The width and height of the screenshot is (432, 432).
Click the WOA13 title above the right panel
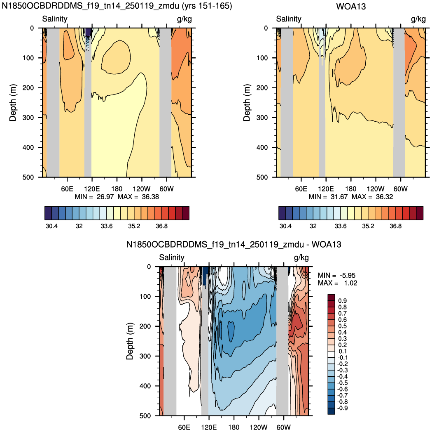coord(351,6)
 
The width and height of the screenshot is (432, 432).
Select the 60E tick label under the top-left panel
coord(67,189)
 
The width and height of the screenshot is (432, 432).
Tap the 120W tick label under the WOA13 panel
coord(376,189)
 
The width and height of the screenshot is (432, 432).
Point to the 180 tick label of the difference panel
coord(234,427)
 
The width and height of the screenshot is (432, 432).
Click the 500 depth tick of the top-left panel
coord(28,177)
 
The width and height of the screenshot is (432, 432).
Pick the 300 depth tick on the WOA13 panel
coord(262,118)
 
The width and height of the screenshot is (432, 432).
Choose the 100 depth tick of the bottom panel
coord(145,297)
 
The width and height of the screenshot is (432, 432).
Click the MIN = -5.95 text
coord(336,276)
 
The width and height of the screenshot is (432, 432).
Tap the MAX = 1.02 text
coord(338,283)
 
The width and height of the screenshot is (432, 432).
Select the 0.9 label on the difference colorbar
coord(343,301)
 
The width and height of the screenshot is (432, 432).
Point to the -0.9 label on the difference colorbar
coord(343,408)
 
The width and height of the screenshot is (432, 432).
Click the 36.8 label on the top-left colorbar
coord(161,226)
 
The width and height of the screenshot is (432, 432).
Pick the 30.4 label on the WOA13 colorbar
coord(285,226)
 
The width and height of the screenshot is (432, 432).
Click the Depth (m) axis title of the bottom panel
coord(129,341)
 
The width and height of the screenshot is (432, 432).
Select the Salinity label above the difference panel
coord(172,257)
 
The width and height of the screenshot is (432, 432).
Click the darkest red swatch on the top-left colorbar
coord(186,213)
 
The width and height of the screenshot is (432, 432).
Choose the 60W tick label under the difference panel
coord(283,427)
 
